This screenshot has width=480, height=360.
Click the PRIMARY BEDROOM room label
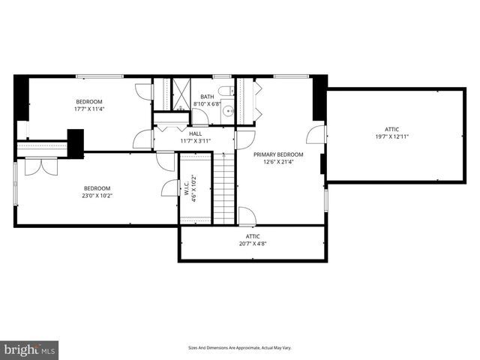coord(278,154)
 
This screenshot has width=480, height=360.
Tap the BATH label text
coord(207,97)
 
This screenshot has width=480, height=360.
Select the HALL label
coord(195,133)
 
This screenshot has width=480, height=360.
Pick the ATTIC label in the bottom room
coord(253,235)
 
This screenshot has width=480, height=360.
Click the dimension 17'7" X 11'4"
coord(88,109)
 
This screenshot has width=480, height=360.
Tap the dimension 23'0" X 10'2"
coord(97,196)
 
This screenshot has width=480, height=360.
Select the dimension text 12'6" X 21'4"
coord(278,162)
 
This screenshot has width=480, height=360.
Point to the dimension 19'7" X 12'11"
coord(392,136)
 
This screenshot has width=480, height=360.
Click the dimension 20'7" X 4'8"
coord(253,243)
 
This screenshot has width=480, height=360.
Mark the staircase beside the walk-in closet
coord(224,187)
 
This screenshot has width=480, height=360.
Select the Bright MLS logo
coord(30,349)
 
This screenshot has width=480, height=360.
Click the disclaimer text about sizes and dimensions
coord(239,348)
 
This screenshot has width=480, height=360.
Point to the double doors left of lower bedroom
coord(35,166)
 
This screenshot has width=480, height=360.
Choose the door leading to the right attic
coord(317,135)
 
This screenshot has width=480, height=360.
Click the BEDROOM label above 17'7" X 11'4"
coord(88,101)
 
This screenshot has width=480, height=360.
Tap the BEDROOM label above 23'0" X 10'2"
coord(97,188)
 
